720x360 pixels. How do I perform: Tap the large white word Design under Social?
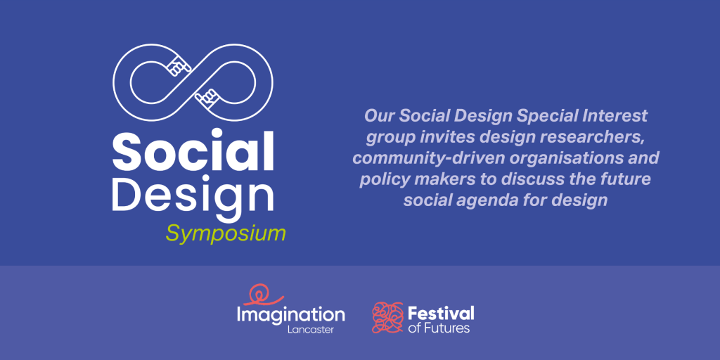pos(193,196)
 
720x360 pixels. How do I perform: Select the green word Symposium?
pos(226,233)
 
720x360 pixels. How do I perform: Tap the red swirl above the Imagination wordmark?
pos(264,295)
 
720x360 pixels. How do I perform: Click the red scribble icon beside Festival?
pos(387,317)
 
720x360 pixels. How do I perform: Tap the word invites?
pos(437,137)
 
